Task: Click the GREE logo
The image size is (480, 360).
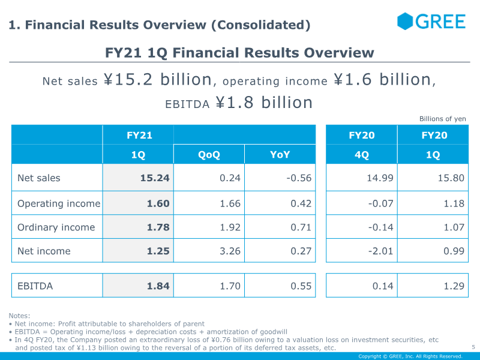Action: coord(431,22)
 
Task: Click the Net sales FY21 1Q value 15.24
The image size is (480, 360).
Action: coord(155,178)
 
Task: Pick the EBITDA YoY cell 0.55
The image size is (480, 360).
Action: coord(301,286)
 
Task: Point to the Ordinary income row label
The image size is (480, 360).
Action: coord(56,227)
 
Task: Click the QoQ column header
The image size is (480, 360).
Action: coord(209,155)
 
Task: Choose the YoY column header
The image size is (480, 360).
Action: coord(280,155)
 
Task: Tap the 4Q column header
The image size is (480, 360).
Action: coord(361,155)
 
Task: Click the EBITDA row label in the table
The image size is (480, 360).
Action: coord(35,286)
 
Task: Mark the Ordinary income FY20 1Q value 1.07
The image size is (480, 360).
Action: coord(453,227)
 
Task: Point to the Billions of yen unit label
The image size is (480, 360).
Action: coord(442,119)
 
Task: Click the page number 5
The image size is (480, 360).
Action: coord(473,347)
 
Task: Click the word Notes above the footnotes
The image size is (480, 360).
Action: coord(19,316)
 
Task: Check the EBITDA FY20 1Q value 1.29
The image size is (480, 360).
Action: coord(453,286)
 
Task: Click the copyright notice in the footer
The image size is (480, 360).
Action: coord(410,356)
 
